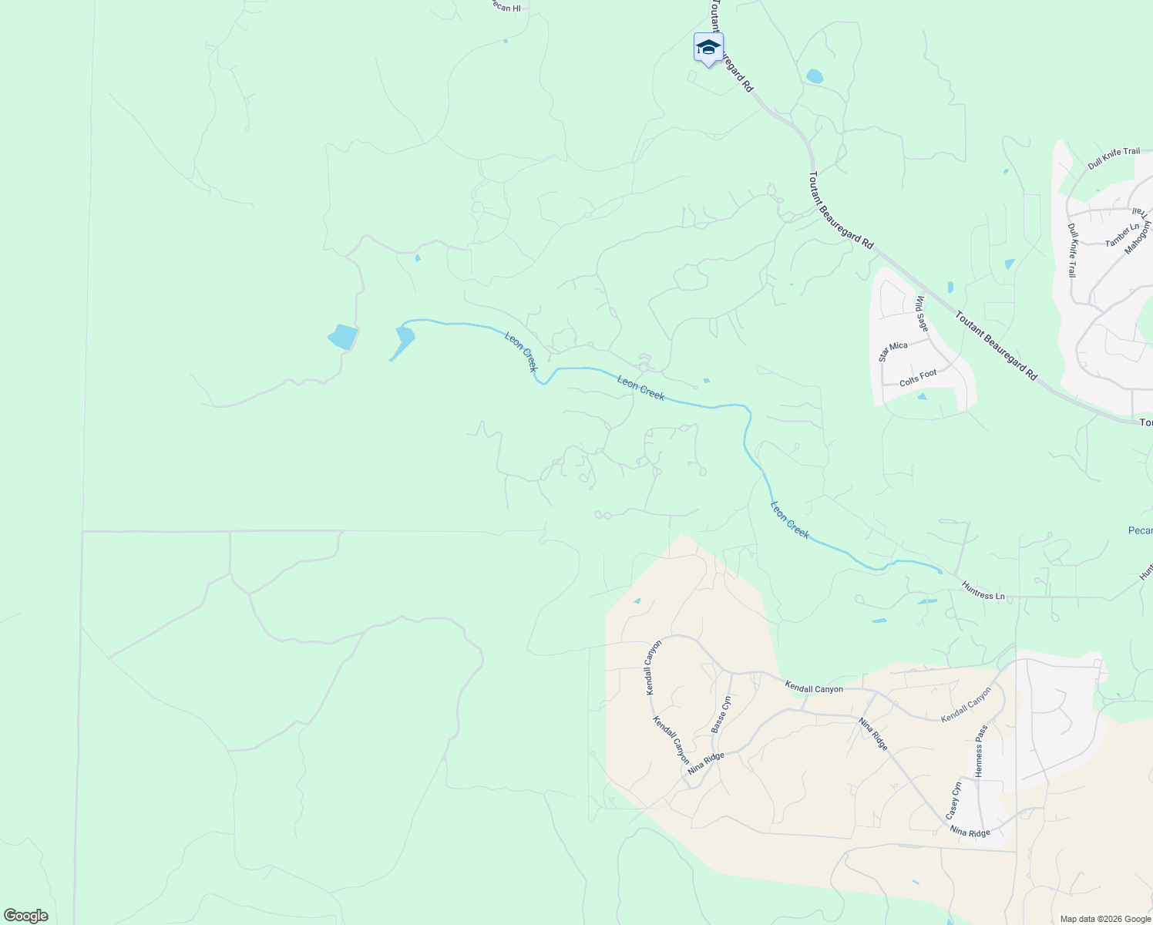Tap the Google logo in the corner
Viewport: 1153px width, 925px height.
tap(25, 916)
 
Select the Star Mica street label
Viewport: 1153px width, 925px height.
tap(893, 351)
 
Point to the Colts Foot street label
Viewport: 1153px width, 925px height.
tap(918, 378)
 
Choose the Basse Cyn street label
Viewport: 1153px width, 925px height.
tap(720, 715)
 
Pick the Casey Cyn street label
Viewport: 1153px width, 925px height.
tap(953, 800)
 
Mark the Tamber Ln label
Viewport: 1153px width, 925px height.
tap(1121, 235)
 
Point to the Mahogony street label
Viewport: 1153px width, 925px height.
tap(1137, 237)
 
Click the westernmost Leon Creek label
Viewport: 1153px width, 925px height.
tap(520, 351)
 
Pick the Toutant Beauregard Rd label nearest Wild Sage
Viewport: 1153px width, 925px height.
tap(996, 345)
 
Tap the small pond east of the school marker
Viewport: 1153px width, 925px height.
tap(814, 76)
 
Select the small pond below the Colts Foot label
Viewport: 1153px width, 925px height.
tap(923, 397)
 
